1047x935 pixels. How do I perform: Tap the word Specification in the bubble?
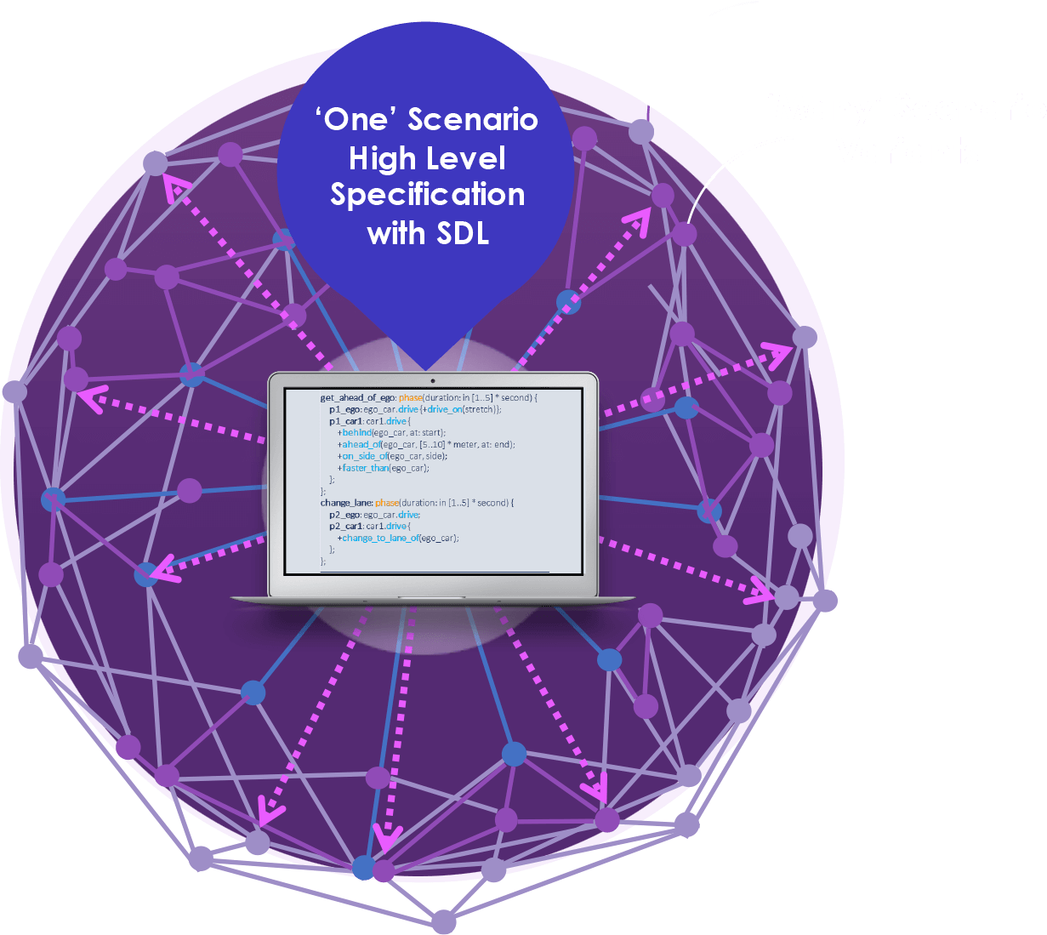tap(428, 195)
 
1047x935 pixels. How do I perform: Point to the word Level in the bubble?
tap(466, 158)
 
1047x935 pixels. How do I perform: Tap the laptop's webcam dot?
tap(433, 380)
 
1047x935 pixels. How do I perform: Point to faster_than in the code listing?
tap(366, 468)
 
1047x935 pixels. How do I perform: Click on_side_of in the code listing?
tap(365, 456)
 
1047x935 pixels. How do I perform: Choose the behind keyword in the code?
tap(357, 432)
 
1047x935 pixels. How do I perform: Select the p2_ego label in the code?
tap(344, 515)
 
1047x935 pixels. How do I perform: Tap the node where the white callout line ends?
tap(685, 233)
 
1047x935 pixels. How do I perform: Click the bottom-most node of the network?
tap(443, 921)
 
